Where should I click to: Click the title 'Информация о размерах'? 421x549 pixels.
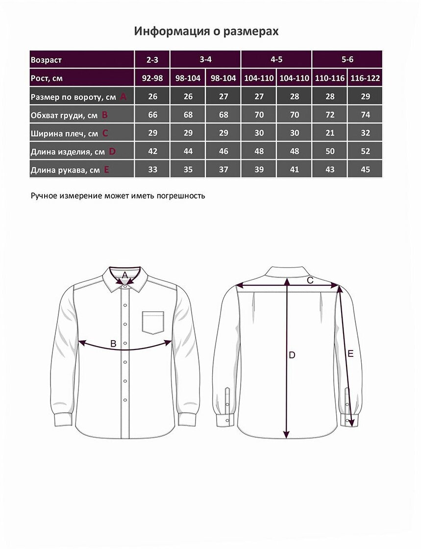click(206, 32)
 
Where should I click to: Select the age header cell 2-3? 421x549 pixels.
click(152, 60)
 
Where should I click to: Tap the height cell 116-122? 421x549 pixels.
click(365, 78)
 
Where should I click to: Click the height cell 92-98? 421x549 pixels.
click(152, 78)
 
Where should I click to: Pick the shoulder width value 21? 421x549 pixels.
click(330, 133)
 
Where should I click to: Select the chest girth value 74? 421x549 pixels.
click(365, 115)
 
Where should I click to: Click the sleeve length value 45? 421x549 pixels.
click(365, 170)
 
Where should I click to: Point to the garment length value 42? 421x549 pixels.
click(152, 151)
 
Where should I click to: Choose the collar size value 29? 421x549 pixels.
click(365, 97)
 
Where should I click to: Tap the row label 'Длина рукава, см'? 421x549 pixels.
click(65, 170)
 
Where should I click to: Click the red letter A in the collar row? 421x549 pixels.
click(123, 97)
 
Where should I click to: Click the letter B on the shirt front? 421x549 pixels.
click(113, 344)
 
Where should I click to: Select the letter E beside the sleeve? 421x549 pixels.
click(350, 353)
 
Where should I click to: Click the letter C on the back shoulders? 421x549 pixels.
click(310, 280)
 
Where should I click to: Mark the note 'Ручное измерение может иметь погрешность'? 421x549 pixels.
click(118, 196)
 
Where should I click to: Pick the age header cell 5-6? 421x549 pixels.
click(347, 60)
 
